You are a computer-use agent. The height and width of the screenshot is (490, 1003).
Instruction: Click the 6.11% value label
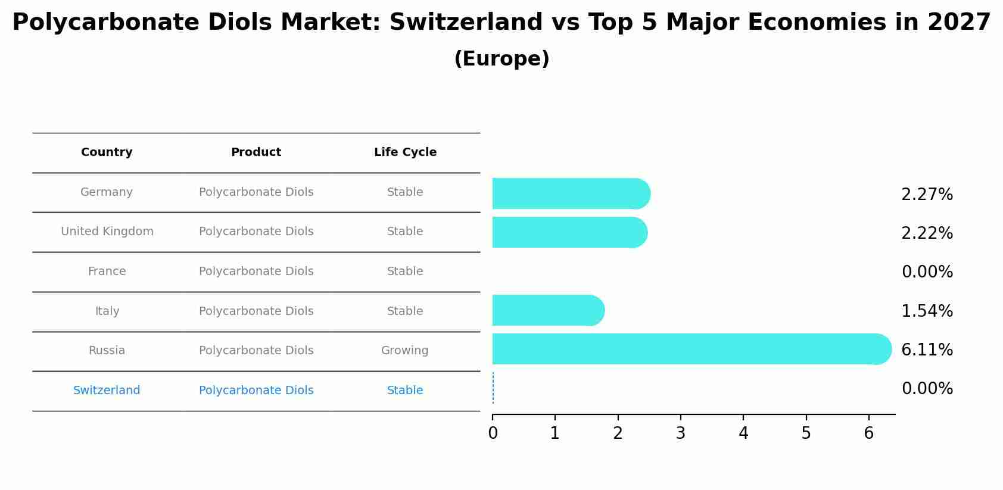tap(927, 349)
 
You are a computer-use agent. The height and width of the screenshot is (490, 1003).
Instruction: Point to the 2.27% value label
tap(927, 195)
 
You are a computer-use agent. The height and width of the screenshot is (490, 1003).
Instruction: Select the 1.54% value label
tap(927, 311)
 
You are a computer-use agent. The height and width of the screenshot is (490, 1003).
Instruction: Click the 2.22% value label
tap(927, 233)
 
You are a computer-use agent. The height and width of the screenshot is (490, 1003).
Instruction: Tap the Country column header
tap(107, 152)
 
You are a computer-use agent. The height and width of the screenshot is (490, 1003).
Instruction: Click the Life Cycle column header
tap(405, 152)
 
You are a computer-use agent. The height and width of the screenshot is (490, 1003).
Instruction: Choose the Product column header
tap(256, 152)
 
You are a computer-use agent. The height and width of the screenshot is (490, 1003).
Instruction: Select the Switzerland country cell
tap(107, 391)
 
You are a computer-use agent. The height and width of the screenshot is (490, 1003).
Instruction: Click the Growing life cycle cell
tap(405, 351)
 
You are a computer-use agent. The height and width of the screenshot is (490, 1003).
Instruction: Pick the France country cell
tap(107, 271)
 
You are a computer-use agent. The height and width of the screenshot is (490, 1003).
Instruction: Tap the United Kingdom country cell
tap(107, 232)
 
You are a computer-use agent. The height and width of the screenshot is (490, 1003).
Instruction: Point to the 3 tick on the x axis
tap(681, 433)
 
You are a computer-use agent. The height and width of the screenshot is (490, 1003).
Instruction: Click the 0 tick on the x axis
tap(493, 433)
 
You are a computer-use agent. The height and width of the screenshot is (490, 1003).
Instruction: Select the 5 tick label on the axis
tap(806, 433)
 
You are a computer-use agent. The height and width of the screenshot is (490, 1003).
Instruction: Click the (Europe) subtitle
tap(502, 59)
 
